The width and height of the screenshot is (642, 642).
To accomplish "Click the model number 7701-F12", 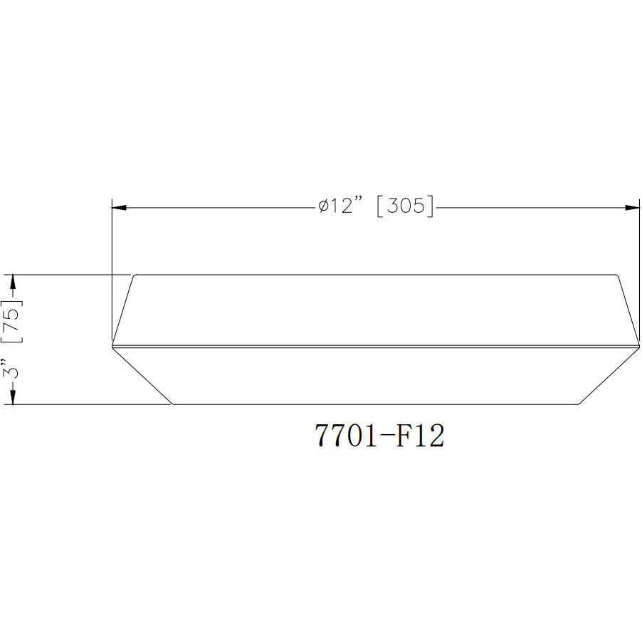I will pos(379,436).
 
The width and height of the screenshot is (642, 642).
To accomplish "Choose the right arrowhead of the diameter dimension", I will pos(632,208).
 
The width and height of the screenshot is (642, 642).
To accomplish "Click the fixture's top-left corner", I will pos(135,275).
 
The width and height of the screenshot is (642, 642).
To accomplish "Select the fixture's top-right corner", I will pos(616,275).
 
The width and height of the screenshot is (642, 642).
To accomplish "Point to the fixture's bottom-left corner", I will pos(174,404).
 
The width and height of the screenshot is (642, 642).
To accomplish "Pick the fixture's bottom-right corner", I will pos(579,404).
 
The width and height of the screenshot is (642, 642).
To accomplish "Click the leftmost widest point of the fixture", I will pos(112,345).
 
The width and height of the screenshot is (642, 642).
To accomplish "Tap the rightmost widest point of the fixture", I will pos(638,345).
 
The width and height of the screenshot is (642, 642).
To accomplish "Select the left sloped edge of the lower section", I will pos(143,376).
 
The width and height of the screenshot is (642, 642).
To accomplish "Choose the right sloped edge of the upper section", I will pos(627,308).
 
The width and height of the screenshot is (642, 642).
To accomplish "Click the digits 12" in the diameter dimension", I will pos(349,207).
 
